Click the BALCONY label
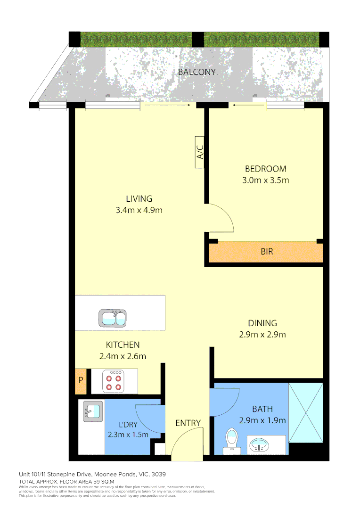pos(196,72)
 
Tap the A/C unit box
pos(200,152)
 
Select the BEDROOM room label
pos(265,169)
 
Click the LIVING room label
pos(139,198)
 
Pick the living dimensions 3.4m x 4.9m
pos(139,210)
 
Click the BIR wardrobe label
pos(267,252)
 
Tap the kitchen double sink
pos(113,318)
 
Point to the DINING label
pos(262,323)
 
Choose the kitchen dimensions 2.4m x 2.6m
pos(123,356)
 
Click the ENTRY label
pos(188,423)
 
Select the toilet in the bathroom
pos(231,440)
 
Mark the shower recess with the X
pos(306,413)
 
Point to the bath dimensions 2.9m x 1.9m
pos(262,421)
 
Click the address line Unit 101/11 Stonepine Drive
pos(92,474)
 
